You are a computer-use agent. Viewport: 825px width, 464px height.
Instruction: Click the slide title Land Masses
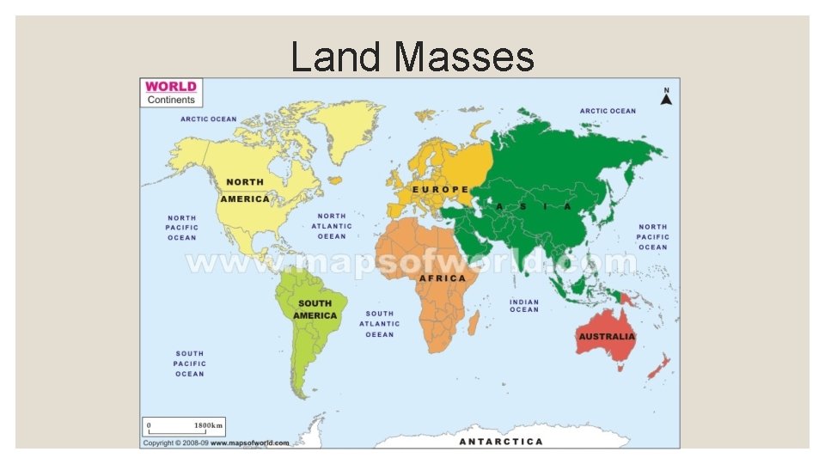click(x=412, y=58)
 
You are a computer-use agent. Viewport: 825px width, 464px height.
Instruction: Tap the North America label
click(x=245, y=191)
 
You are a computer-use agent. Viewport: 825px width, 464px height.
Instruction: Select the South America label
click(x=315, y=309)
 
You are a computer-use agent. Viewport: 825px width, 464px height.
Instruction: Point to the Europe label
click(x=441, y=189)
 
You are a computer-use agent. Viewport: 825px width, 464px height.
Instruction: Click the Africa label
click(x=443, y=278)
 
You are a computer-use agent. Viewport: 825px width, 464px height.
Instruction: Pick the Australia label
click(x=607, y=336)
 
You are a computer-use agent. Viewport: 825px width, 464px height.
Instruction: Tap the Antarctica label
click(x=501, y=442)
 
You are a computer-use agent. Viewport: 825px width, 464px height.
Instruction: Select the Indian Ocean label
click(x=524, y=306)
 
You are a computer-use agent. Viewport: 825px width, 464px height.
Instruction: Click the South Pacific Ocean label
click(x=190, y=363)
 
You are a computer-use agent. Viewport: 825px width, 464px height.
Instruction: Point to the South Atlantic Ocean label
click(x=380, y=324)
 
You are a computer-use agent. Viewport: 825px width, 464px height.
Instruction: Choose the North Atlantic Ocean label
click(x=332, y=226)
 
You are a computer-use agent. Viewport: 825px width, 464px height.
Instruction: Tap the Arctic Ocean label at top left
click(x=208, y=119)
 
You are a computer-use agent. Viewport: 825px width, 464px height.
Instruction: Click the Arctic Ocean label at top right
click(x=608, y=111)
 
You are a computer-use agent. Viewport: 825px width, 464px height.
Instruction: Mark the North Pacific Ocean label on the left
click(x=181, y=228)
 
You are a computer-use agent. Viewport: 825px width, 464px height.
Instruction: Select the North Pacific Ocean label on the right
click(x=652, y=236)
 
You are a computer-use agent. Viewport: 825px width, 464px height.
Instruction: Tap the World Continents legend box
click(x=171, y=92)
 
